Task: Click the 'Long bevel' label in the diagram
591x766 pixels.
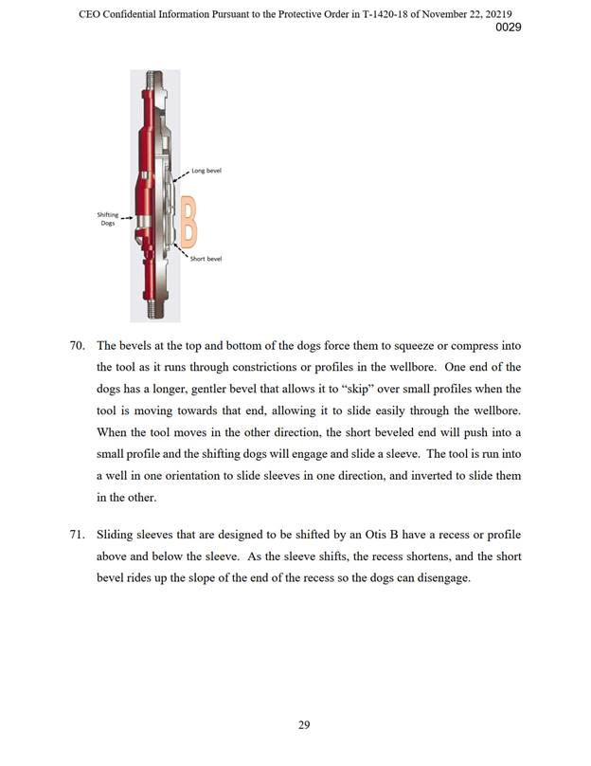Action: (206, 172)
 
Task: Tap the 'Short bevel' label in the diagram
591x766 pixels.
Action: (206, 259)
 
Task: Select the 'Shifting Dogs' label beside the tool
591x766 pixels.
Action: (107, 218)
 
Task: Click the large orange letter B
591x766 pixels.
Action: (189, 219)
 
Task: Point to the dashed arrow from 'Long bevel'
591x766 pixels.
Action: (182, 176)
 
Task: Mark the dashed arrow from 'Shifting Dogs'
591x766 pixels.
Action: (127, 217)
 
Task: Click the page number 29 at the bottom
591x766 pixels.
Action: (304, 726)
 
